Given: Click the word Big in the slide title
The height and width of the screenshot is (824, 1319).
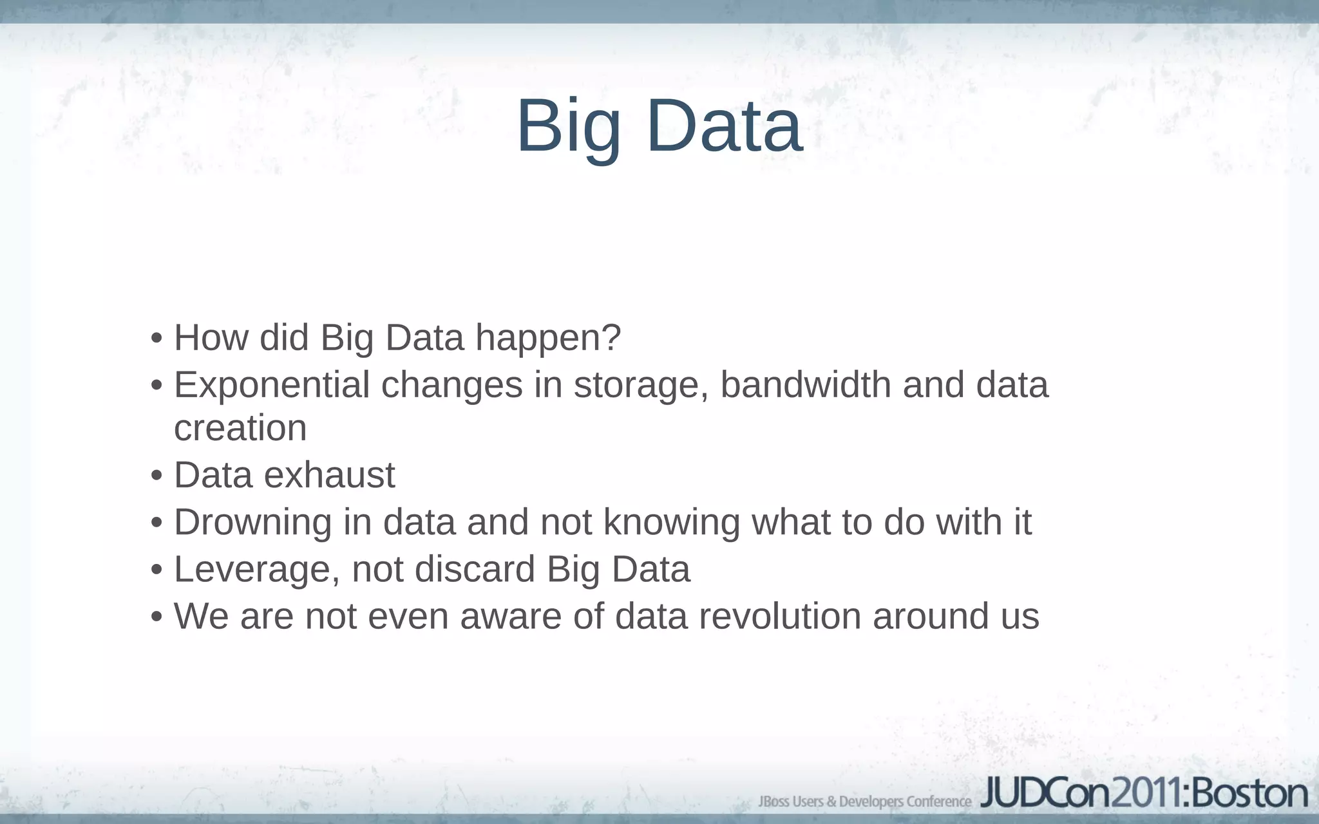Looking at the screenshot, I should [569, 126].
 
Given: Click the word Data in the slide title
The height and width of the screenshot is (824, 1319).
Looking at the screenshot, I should [725, 126].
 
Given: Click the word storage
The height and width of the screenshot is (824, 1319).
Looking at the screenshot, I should [641, 386].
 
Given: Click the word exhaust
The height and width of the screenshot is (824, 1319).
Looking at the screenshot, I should [329, 475].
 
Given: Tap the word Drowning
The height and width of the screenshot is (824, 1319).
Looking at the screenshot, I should [252, 522].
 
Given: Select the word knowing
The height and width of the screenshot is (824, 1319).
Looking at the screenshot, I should [672, 522].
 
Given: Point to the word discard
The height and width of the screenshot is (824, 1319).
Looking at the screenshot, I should [475, 569].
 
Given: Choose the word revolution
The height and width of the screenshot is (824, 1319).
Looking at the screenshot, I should [780, 616].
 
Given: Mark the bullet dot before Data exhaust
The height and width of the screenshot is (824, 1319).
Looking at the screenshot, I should [156, 476].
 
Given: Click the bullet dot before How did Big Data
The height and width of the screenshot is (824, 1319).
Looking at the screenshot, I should [156, 339].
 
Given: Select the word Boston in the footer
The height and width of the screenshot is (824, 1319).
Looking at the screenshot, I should [1249, 793].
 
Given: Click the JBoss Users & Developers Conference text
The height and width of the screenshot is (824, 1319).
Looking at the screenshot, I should [864, 801].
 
